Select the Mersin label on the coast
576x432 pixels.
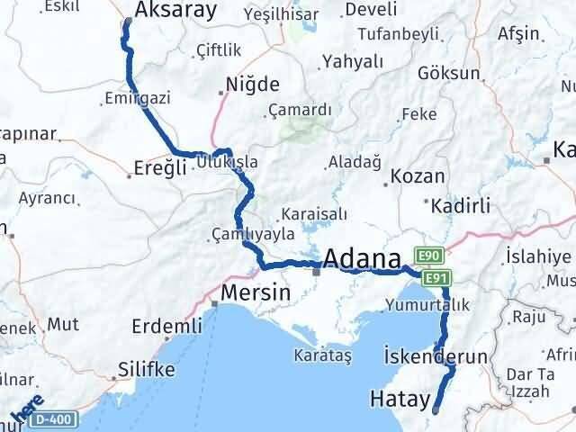256,293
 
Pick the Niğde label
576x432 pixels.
252,86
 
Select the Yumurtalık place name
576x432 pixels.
427,304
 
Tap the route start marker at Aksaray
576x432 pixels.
126,23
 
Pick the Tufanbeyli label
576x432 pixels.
399,34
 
